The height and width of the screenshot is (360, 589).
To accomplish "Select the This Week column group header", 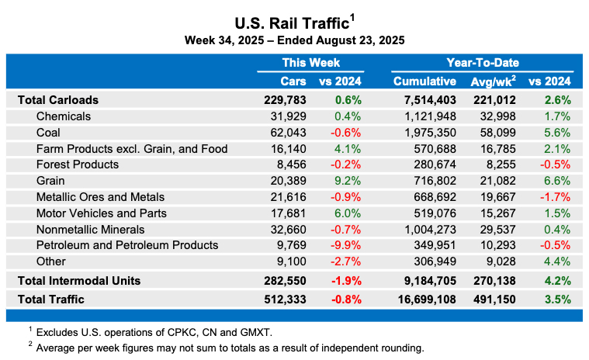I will [310, 63].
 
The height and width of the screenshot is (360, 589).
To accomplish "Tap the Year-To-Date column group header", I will [482, 63].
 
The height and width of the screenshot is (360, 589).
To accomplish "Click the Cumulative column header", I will [424, 81].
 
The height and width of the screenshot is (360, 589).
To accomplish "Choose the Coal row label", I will [48, 133].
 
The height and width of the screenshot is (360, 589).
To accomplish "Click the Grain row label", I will [51, 181].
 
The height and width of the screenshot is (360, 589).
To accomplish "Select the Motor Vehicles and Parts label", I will [101, 213].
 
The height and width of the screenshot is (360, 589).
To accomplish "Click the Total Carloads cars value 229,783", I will [286, 100].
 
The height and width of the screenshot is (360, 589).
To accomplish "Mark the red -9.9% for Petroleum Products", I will [347, 245].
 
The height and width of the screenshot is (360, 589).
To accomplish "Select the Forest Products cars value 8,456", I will [291, 164].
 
